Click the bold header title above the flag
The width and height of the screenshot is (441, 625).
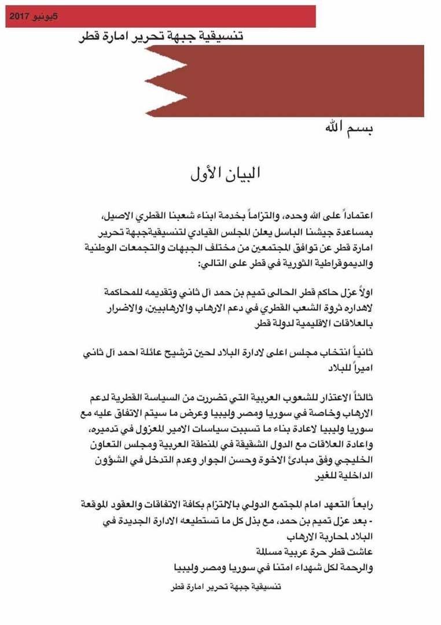[x=161, y=36]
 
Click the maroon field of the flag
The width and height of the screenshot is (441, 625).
[x=301, y=81]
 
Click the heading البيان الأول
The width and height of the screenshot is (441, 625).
[x=226, y=172]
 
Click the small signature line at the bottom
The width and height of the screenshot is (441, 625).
[x=223, y=586]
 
